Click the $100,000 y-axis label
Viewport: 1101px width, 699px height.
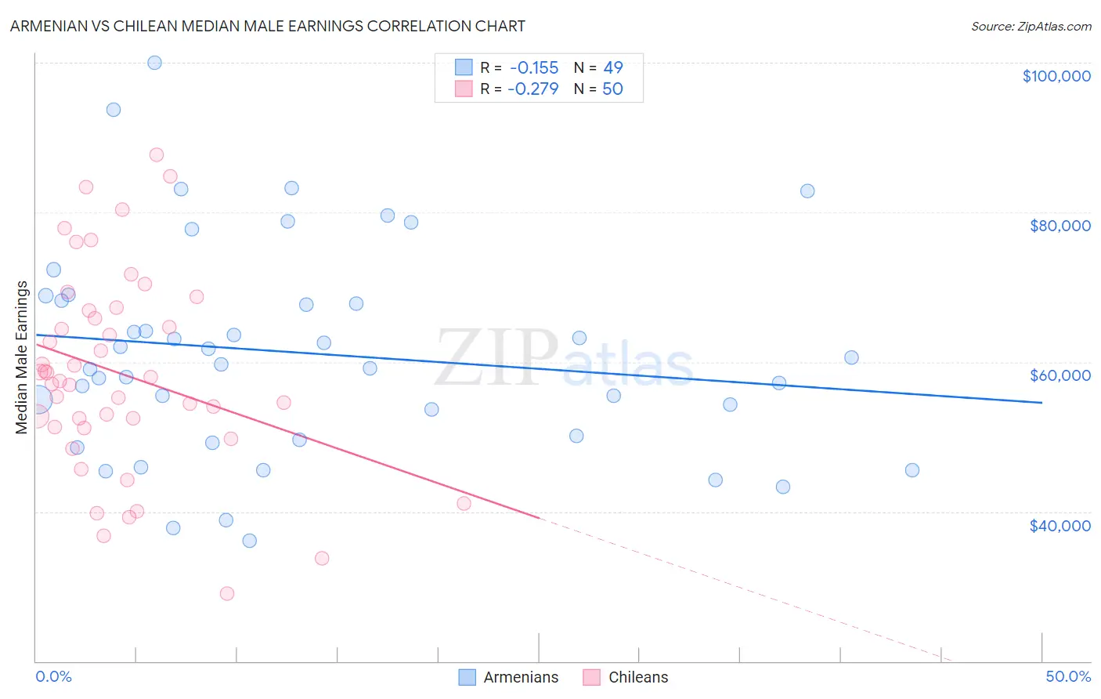pyautogui.click(x=1056, y=76)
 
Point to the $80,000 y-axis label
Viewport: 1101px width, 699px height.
pyautogui.click(x=1059, y=226)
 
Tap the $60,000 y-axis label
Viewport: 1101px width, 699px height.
pyautogui.click(x=1059, y=375)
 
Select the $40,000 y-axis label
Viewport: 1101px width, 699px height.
pyautogui.click(x=1059, y=525)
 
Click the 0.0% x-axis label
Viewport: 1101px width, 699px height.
pyautogui.click(x=53, y=676)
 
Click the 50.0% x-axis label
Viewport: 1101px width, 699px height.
pyautogui.click(x=1068, y=676)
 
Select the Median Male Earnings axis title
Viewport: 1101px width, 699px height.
pyautogui.click(x=22, y=357)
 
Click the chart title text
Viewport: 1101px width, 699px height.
pyautogui.click(x=268, y=26)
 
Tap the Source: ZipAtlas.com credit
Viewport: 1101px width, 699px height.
pyautogui.click(x=1031, y=26)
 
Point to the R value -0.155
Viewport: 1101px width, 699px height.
pyautogui.click(x=533, y=68)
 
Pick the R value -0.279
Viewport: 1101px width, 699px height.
pyautogui.click(x=533, y=89)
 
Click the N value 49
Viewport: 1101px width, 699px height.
pyautogui.click(x=612, y=68)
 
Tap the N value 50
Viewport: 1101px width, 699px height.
pyautogui.click(x=612, y=89)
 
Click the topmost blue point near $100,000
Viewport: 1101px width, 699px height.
pyautogui.click(x=154, y=63)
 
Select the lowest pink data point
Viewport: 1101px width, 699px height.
pyautogui.click(x=227, y=593)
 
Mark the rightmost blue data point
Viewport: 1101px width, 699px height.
pyautogui.click(x=912, y=470)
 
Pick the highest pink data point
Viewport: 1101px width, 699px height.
pyautogui.click(x=157, y=155)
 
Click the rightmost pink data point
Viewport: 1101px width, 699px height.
pyautogui.click(x=464, y=503)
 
